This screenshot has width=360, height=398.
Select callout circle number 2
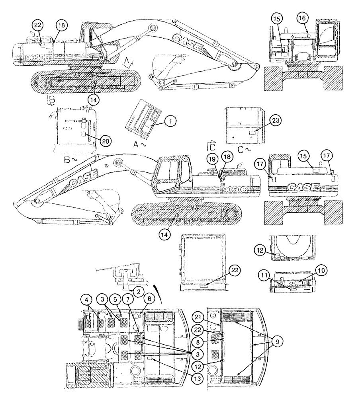(x=138, y=291)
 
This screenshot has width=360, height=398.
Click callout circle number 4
(x=89, y=298)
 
